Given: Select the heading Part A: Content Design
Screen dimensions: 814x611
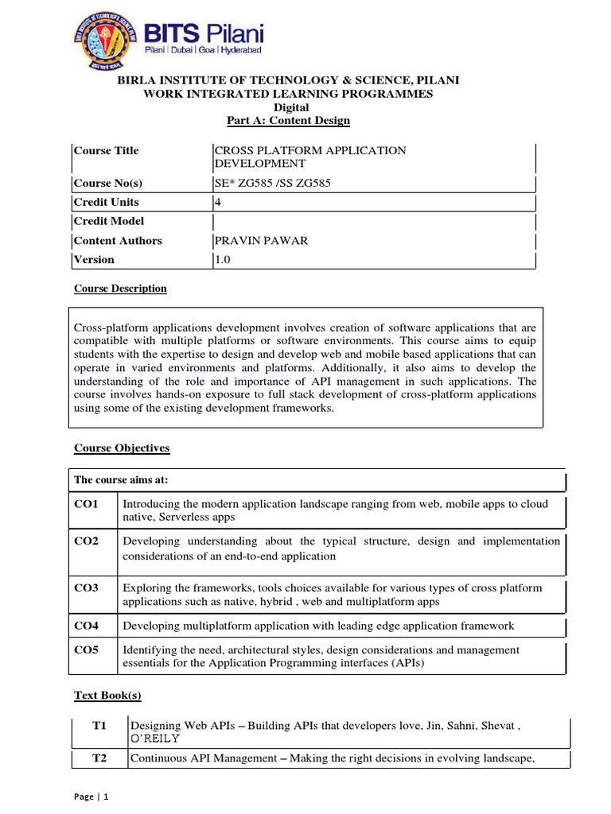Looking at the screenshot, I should point(289,120).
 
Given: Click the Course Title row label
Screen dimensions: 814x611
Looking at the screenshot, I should point(106,150).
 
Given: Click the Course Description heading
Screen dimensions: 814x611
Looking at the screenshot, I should point(120,289).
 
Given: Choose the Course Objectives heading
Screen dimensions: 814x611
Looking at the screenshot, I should point(122,448).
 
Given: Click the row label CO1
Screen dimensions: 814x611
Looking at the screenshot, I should point(87,505).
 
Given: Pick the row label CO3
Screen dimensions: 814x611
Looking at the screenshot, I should point(87,588).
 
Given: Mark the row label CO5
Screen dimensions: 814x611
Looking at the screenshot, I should point(87,650).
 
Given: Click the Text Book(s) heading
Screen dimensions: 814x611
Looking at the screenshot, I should point(107,696).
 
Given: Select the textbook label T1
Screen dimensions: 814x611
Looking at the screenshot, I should point(99,727).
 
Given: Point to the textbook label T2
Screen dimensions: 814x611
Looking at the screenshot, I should point(99,758).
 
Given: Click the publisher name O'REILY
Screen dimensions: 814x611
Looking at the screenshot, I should point(161,739).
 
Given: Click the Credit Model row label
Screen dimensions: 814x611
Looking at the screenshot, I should point(109,222).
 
